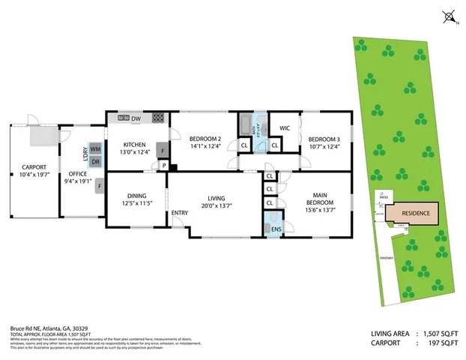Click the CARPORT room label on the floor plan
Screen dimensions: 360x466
34,167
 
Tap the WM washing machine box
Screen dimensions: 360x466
95,149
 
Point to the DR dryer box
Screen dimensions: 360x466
95,161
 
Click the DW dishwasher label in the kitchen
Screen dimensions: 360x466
136,119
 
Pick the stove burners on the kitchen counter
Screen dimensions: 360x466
158,118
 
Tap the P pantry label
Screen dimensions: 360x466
163,166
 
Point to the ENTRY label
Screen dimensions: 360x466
180,213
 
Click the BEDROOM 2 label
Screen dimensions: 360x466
205,139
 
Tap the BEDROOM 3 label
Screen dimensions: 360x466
324,139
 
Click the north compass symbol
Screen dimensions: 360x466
448,15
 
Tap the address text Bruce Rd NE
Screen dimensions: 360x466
28,328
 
